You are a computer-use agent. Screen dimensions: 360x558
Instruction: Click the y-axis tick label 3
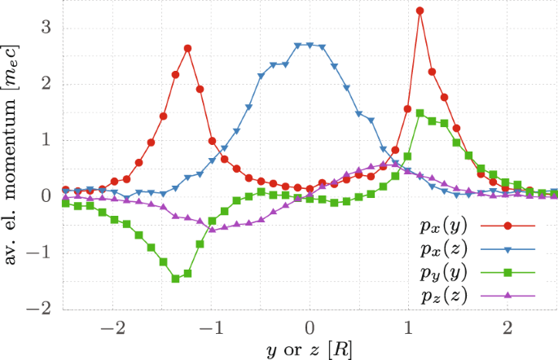pos(46,28)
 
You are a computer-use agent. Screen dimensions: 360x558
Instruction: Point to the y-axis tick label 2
pos(46,84)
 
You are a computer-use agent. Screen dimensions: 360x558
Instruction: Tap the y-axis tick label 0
pos(46,196)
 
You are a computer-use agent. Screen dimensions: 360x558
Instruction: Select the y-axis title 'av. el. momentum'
pos(14,155)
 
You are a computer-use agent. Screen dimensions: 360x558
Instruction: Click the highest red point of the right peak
pos(420,11)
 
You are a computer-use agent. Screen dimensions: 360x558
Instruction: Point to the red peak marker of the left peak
pos(187,48)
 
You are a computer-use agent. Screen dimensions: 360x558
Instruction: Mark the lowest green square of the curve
pos(175,279)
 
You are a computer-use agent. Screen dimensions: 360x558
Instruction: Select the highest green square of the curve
pos(420,113)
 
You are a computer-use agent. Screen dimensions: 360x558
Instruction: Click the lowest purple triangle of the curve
pos(212,230)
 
